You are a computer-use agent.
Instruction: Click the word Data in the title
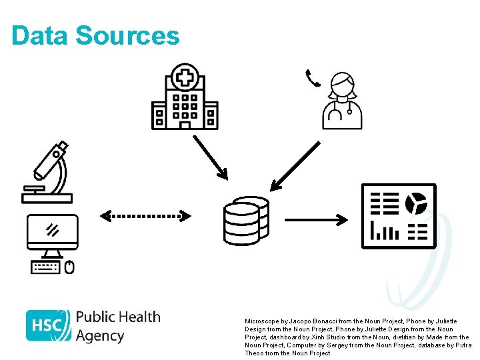pos(39,35)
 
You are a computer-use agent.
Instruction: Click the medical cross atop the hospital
pos(185,77)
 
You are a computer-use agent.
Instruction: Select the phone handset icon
pos(312,78)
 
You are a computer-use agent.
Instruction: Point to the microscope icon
pos(48,171)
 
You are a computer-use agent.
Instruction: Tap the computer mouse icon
pos(69,267)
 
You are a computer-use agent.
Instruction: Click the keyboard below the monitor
pos(45,267)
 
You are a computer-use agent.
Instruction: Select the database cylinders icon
pos(246,220)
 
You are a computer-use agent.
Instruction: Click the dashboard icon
pos(398,215)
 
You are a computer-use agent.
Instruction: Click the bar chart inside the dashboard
pos(385,231)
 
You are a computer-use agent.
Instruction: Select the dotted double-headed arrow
pos(145,215)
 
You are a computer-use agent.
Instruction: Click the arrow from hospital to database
pos(210,157)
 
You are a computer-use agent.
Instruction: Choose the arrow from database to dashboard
pos(315,219)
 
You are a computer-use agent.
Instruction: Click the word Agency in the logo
pos(100,335)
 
